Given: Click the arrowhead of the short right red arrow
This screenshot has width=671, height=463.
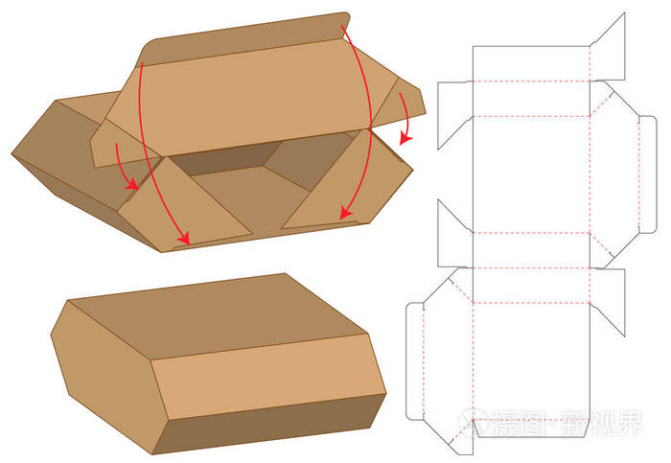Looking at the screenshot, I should point(405,139).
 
